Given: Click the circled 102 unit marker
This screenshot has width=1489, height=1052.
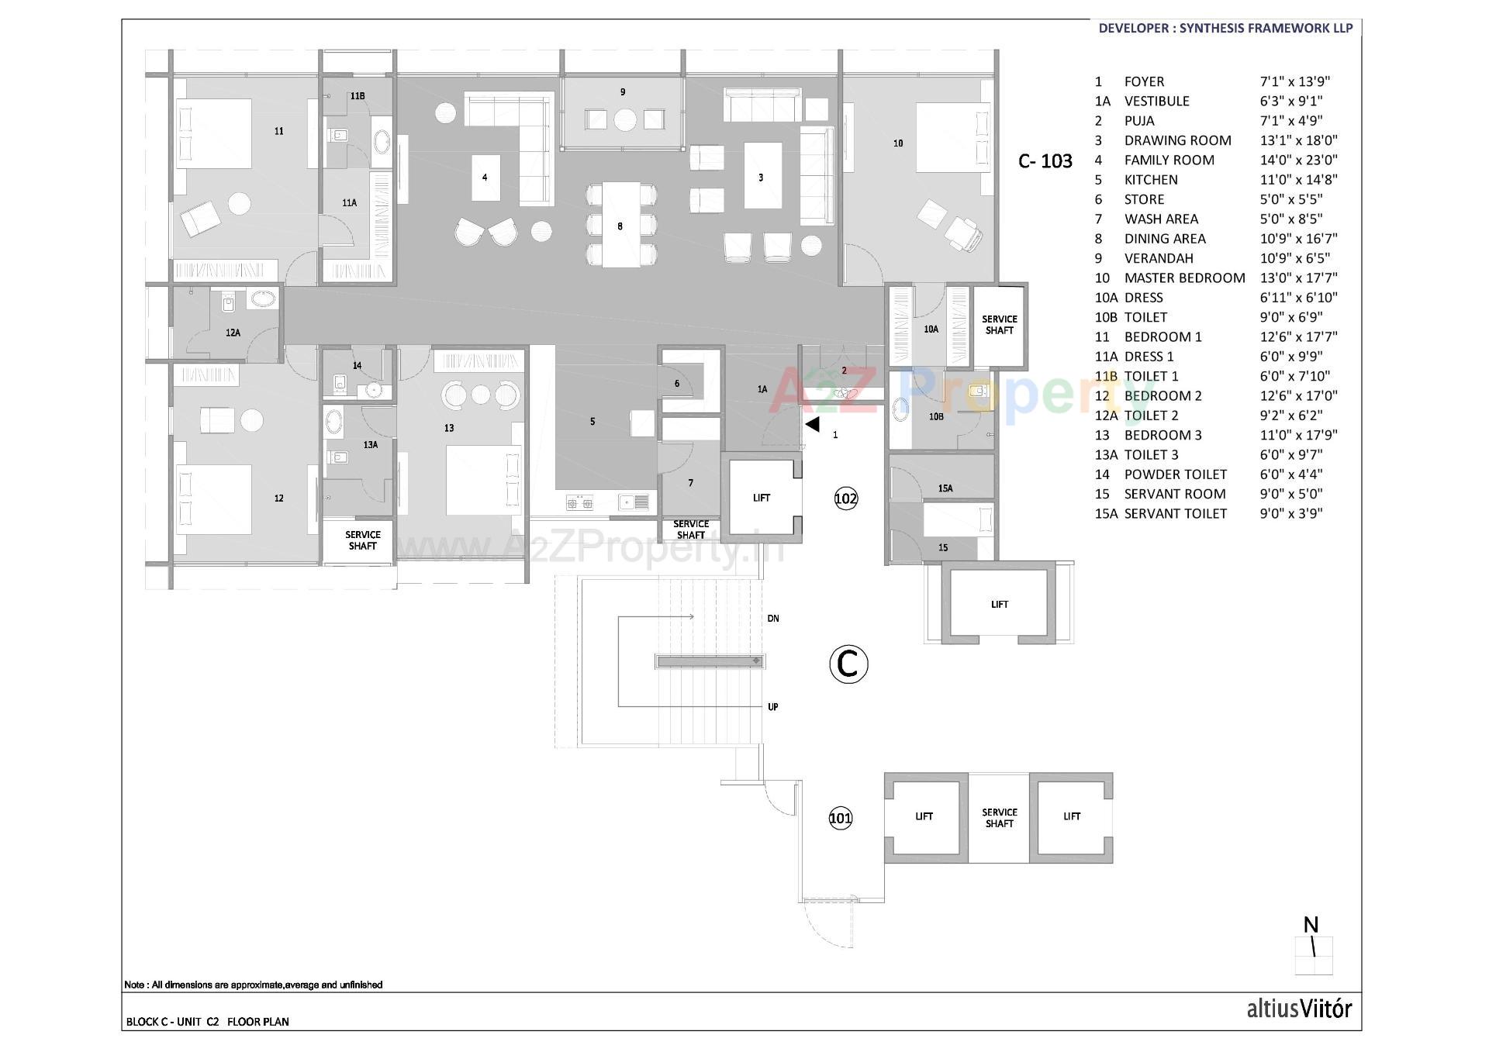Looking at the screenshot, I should pos(845,498).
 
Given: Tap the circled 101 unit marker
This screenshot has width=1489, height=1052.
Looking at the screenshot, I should pos(841,818).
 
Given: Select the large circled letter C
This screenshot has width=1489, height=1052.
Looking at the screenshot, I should pos(848,664).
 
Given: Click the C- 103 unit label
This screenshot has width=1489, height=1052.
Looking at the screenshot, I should pos(1045,161).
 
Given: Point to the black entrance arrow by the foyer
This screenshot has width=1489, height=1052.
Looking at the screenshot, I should pos(812,424).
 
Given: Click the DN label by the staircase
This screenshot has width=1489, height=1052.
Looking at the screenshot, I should pos(773,619).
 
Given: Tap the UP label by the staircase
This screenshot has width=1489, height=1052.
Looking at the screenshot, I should pos(773,707).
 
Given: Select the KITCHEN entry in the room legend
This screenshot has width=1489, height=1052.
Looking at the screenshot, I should pos(1151,180).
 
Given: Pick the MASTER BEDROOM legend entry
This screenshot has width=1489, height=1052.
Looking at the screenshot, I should pos(1184,278).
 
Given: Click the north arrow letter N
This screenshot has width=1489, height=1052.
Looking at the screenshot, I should pos(1311,925).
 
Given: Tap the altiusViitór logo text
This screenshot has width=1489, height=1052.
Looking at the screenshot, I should pos(1299,1009).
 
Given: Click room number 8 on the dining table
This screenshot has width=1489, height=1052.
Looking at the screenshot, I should pos(620,227).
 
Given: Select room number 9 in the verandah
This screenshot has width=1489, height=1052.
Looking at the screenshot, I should pos(623,92).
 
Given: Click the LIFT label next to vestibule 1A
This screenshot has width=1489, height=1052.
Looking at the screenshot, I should pos(762,498).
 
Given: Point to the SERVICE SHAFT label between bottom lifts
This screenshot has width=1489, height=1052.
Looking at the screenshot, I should pos(999,818).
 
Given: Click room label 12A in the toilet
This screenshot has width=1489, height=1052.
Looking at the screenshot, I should pos(233,333).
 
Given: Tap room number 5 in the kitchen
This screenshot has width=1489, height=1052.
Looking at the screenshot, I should pos(592,422).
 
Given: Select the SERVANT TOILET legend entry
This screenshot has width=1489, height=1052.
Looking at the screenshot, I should pos(1175,514).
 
